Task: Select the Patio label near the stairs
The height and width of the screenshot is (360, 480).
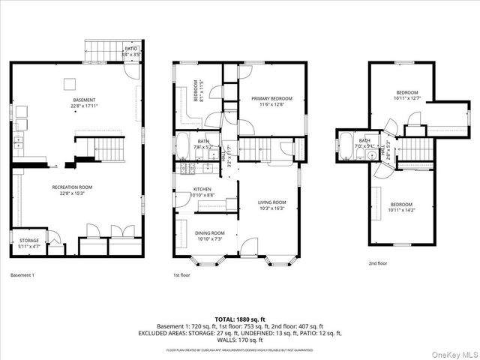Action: [131, 52]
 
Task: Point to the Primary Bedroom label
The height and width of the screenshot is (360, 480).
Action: [271, 100]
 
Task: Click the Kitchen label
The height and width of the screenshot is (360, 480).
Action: [202, 192]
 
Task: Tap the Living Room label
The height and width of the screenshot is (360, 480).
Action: [272, 205]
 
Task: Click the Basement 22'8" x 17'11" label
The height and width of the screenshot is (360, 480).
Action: [84, 103]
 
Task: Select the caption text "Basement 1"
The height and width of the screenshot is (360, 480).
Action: [22, 275]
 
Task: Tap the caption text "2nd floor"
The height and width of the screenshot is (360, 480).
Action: [378, 263]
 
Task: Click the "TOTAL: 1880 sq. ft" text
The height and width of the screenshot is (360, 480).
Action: [239, 319]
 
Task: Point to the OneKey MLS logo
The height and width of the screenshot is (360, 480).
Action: [455, 352]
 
